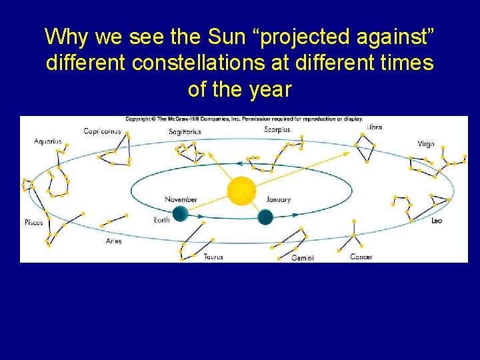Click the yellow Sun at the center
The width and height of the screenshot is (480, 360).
[241, 191]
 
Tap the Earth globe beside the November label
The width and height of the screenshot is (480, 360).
[179, 214]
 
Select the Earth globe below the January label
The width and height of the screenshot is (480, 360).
[265, 217]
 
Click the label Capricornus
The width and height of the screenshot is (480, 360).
[102, 131]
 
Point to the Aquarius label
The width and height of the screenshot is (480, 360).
[48, 141]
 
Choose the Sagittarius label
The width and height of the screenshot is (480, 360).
[185, 132]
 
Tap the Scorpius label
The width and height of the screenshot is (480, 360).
[277, 129]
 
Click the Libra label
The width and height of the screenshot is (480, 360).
[374, 127]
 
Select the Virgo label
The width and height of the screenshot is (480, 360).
[426, 144]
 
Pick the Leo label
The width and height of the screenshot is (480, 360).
[437, 220]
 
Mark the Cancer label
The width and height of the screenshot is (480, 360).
[361, 257]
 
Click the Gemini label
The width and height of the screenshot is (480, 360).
[302, 258]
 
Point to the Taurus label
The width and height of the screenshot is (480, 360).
[213, 257]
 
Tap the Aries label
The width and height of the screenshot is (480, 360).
[113, 241]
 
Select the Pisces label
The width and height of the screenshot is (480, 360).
[33, 222]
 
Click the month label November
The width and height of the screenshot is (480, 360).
[181, 199]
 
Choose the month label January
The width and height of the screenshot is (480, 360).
[278, 199]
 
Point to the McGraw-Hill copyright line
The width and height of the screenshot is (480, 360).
[244, 119]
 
